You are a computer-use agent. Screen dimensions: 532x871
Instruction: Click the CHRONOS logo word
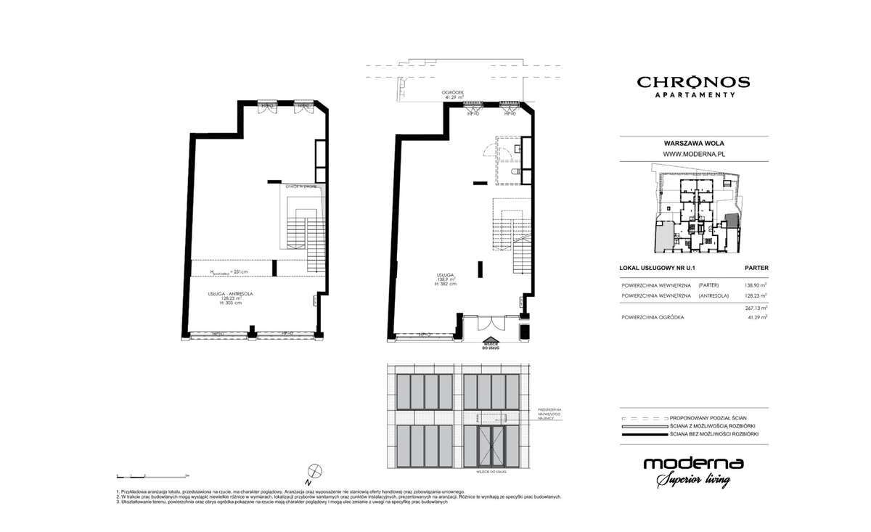(693, 82)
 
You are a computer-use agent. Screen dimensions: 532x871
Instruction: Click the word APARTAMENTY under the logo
(693, 95)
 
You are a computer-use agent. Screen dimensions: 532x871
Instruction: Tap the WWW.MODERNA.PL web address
(695, 154)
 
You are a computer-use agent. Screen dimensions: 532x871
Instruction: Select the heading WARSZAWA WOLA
(695, 144)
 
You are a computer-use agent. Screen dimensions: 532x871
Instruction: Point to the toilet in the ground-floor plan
(513, 172)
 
